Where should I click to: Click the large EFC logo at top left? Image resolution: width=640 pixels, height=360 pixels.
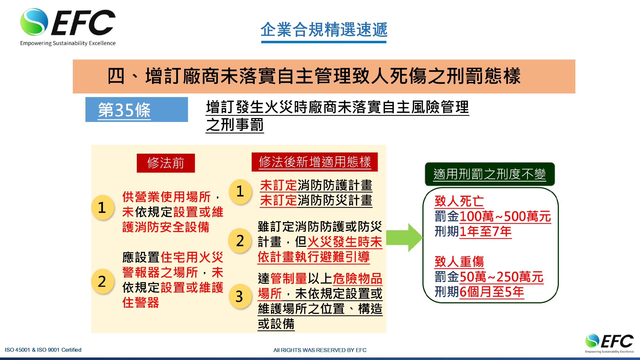click(x=68, y=27)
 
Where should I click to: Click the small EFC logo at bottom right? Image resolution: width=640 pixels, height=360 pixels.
click(x=609, y=343)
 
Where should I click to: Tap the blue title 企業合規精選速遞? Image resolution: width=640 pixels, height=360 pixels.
click(x=324, y=30)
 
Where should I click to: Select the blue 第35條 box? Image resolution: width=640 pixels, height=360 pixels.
click(x=137, y=109)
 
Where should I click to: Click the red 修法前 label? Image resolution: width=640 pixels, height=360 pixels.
click(x=166, y=163)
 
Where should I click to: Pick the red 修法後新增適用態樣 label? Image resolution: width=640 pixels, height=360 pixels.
click(x=315, y=162)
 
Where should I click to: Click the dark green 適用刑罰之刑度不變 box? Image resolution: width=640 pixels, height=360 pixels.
click(x=490, y=174)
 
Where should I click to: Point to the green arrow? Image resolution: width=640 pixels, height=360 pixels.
click(x=404, y=237)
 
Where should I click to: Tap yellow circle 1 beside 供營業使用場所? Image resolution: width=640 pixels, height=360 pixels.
click(x=102, y=207)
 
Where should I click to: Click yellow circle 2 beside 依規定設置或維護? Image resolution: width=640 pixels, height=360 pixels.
click(x=102, y=281)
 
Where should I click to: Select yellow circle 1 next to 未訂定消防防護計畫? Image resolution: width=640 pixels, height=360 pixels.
click(x=240, y=191)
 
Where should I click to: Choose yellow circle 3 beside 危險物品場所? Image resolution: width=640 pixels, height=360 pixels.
click(x=240, y=296)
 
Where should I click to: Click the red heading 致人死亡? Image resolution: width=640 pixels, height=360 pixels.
click(x=459, y=201)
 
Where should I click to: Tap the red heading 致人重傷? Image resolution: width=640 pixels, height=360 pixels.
click(x=459, y=262)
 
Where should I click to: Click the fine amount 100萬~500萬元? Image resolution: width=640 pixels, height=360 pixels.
click(x=505, y=216)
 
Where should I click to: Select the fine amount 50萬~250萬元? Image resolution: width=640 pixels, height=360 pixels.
click(x=501, y=277)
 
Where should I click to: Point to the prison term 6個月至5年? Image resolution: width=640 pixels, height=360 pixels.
click(x=492, y=292)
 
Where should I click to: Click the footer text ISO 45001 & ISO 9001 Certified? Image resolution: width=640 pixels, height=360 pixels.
click(x=43, y=350)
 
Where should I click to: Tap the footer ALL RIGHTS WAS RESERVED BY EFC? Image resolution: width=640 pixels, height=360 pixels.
click(x=320, y=350)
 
